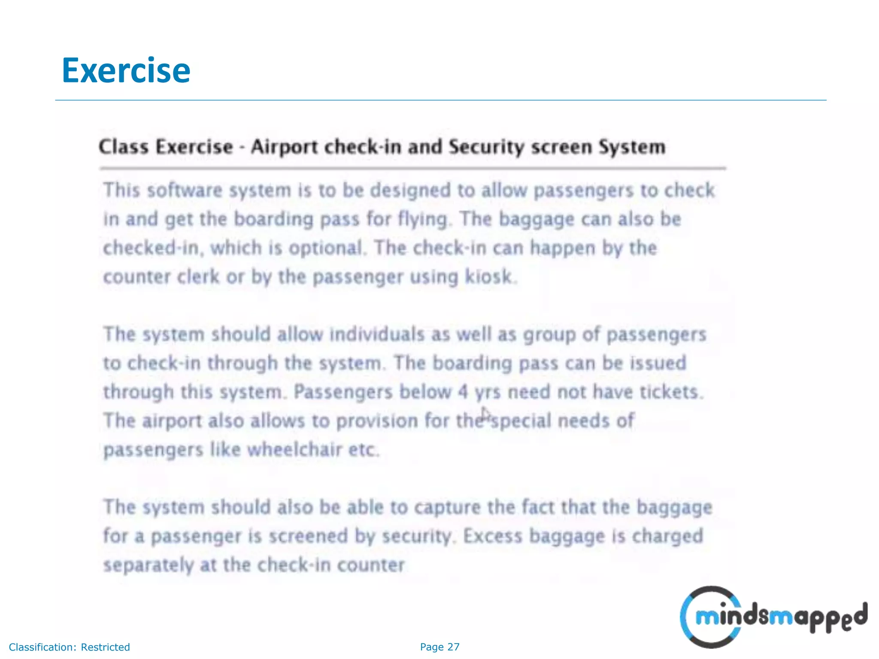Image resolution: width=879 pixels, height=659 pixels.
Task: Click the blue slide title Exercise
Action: pyautogui.click(x=126, y=70)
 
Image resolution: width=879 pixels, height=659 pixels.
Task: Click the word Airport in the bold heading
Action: pyautogui.click(x=285, y=147)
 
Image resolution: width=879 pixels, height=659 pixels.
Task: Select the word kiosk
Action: pyautogui.click(x=489, y=277)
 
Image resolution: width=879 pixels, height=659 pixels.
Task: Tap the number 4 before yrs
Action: pyautogui.click(x=463, y=392)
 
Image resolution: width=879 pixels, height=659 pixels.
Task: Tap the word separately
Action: pyautogui.click(x=149, y=565)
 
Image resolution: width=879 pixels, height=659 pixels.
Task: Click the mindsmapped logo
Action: pyautogui.click(x=773, y=617)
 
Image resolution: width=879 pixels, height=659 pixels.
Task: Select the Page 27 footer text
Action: pyautogui.click(x=439, y=647)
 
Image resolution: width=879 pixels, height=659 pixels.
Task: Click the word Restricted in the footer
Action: pyautogui.click(x=105, y=647)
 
